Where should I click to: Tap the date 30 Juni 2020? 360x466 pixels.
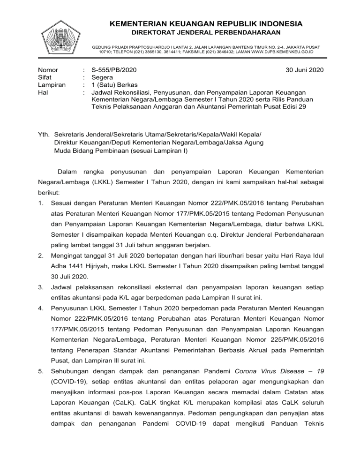(304, 70)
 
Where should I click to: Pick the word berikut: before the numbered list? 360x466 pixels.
(49, 192)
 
